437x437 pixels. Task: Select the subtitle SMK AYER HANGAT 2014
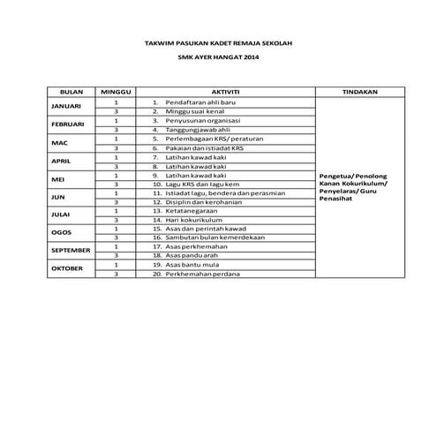tap(217, 58)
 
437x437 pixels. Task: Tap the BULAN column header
tap(70, 92)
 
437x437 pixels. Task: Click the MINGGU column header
tap(116, 92)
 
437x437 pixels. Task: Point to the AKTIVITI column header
tap(227, 92)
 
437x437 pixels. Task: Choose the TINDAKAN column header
tap(358, 92)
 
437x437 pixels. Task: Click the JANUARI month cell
tap(70, 108)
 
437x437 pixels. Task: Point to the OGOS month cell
tap(70, 233)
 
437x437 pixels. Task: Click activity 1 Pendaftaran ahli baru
tap(195, 103)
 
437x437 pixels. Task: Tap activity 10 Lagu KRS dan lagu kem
tap(196, 184)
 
